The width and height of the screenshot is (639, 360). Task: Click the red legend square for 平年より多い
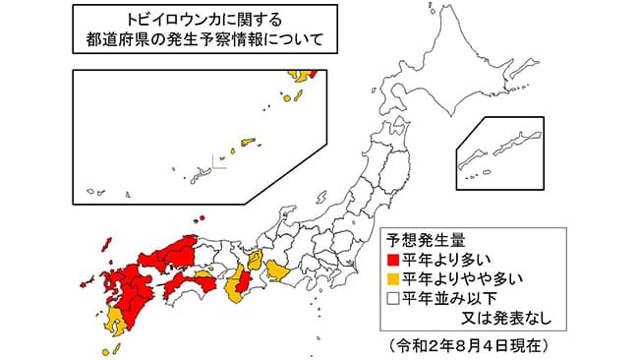point(393,261)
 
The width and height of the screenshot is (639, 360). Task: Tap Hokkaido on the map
point(433,59)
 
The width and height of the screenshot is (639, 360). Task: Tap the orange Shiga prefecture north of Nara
point(256,260)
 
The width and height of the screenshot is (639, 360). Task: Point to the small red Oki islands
point(200,218)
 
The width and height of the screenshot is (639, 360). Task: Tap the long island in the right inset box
point(511,147)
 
